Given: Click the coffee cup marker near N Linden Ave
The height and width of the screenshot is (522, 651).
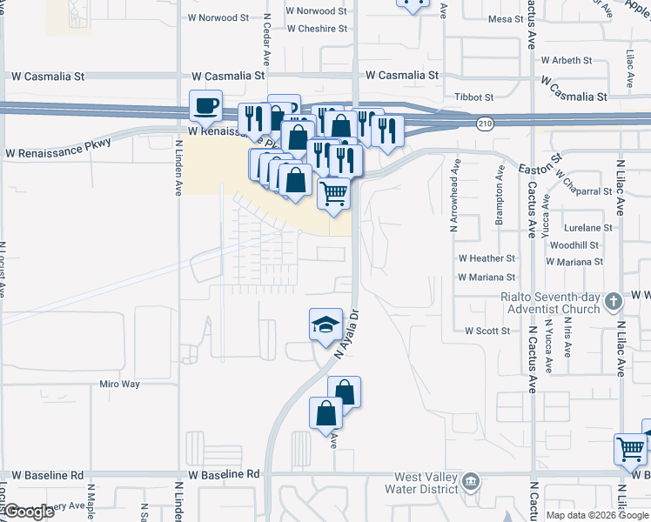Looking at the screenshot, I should pyautogui.click(x=205, y=106).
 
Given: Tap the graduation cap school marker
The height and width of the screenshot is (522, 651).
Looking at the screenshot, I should pyautogui.click(x=325, y=325).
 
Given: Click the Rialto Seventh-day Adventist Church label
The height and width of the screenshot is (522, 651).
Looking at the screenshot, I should pyautogui.click(x=550, y=303).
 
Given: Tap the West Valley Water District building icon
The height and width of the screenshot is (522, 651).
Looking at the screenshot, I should pyautogui.click(x=470, y=480).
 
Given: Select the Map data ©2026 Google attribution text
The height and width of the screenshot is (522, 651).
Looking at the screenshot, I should pyautogui.click(x=597, y=515).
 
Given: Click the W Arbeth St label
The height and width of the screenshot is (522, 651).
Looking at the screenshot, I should pyautogui.click(x=566, y=61).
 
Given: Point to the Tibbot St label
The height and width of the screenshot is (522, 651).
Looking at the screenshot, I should pyautogui.click(x=473, y=97).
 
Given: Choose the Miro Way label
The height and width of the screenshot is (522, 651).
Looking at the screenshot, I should pyautogui.click(x=119, y=384).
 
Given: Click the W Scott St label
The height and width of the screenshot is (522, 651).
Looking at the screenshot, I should pyautogui.click(x=487, y=331).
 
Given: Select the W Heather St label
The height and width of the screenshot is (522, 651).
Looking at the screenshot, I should pyautogui.click(x=487, y=258).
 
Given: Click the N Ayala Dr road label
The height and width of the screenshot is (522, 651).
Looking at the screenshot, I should pyautogui.click(x=347, y=330).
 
